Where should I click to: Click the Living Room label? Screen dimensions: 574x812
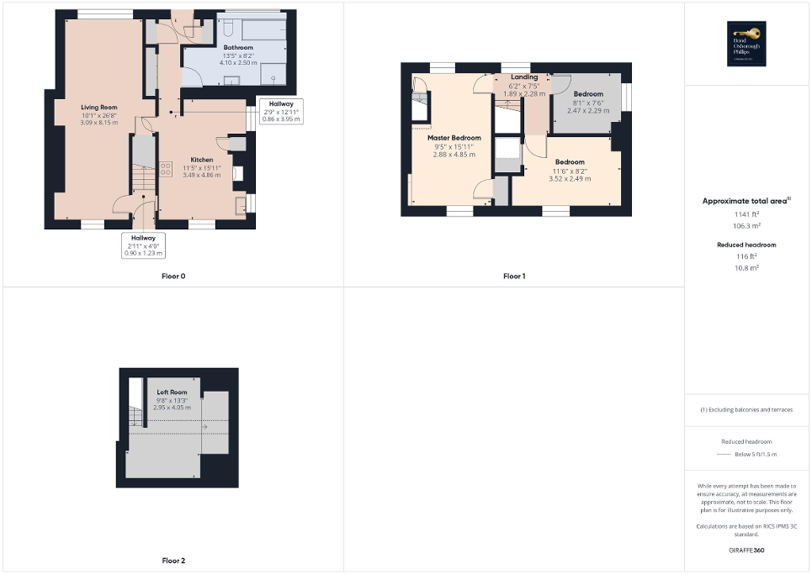(x=98, y=108)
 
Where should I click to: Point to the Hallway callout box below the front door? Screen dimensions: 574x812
(x=142, y=245)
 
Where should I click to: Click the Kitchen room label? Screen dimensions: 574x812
(x=201, y=160)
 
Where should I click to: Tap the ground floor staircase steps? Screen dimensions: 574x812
(x=144, y=179)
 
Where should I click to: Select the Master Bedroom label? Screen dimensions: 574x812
(x=454, y=138)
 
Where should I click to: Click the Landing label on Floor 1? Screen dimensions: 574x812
(x=523, y=77)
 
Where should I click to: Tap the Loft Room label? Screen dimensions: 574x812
(x=172, y=392)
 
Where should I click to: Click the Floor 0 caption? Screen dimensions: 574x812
(x=173, y=276)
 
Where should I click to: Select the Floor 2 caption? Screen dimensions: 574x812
(x=173, y=560)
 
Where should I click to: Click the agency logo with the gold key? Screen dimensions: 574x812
(x=747, y=43)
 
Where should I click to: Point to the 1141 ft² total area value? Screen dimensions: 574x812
(x=747, y=215)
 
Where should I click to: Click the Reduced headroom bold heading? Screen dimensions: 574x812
(x=747, y=245)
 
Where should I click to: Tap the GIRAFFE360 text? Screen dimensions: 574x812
(x=747, y=550)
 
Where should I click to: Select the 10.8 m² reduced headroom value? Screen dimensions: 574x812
(x=747, y=267)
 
